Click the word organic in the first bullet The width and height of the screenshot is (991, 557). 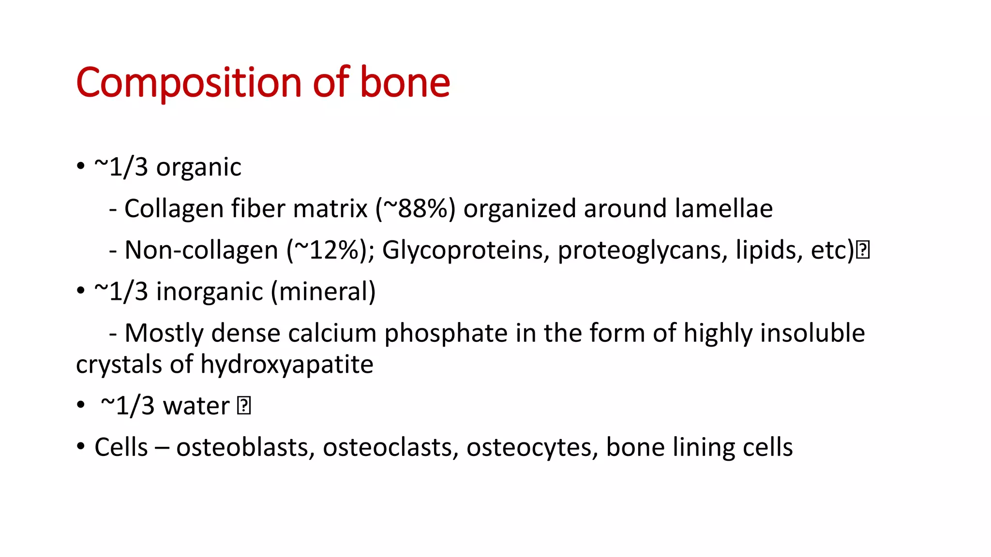(x=198, y=168)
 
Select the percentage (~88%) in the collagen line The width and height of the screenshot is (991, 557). (x=416, y=209)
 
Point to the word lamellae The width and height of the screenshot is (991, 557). (x=724, y=209)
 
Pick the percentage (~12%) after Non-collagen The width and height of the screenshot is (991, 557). (x=330, y=250)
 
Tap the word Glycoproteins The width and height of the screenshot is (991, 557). (x=465, y=250)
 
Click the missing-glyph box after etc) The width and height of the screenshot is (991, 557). (x=863, y=250)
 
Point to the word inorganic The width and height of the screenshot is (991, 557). (x=209, y=292)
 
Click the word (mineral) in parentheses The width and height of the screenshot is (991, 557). (x=323, y=292)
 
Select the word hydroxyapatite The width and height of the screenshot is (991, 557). (x=286, y=365)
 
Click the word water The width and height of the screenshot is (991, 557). (x=196, y=406)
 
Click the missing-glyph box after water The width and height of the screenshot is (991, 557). (x=244, y=406)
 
